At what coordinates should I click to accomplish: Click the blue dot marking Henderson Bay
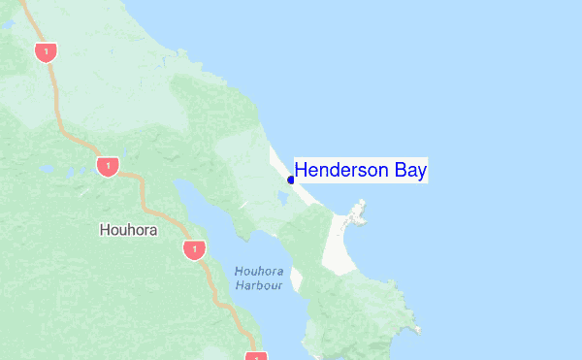[x=291, y=180]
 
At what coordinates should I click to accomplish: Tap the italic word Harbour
[x=258, y=285]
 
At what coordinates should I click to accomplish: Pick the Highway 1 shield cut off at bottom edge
[x=255, y=355]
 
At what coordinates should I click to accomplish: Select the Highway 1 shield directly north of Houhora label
[x=107, y=166]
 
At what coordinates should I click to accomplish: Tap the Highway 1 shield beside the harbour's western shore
[x=194, y=250]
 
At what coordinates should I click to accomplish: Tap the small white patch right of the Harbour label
[x=297, y=282]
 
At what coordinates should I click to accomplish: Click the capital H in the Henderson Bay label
[x=301, y=171]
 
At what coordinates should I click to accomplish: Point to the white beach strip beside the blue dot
[x=301, y=184]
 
